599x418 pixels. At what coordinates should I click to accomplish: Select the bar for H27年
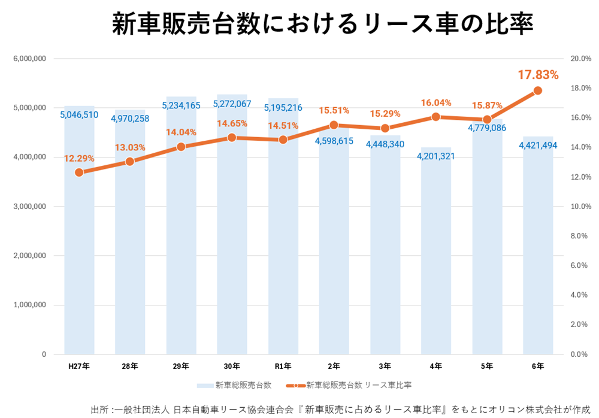coord(79,240)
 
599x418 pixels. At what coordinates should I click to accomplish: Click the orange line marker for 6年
coord(538,90)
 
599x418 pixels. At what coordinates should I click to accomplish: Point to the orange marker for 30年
coord(232,138)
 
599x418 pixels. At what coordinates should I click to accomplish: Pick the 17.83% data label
coord(538,75)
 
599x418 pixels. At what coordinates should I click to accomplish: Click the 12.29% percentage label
coord(79,158)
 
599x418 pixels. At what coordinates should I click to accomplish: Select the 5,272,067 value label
coord(232,104)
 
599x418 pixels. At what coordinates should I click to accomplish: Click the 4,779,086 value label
coord(487,128)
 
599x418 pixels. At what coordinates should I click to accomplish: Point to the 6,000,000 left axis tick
coord(29,59)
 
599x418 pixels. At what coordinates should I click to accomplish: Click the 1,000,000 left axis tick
coord(29,305)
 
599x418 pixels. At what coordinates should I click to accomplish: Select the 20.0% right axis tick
coord(580,59)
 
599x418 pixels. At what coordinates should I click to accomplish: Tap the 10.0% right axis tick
coord(580,207)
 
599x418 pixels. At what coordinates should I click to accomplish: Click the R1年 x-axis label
coord(283,365)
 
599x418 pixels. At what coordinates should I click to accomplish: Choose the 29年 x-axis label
coord(181,365)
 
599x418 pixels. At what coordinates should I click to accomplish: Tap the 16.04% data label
coord(436,103)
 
